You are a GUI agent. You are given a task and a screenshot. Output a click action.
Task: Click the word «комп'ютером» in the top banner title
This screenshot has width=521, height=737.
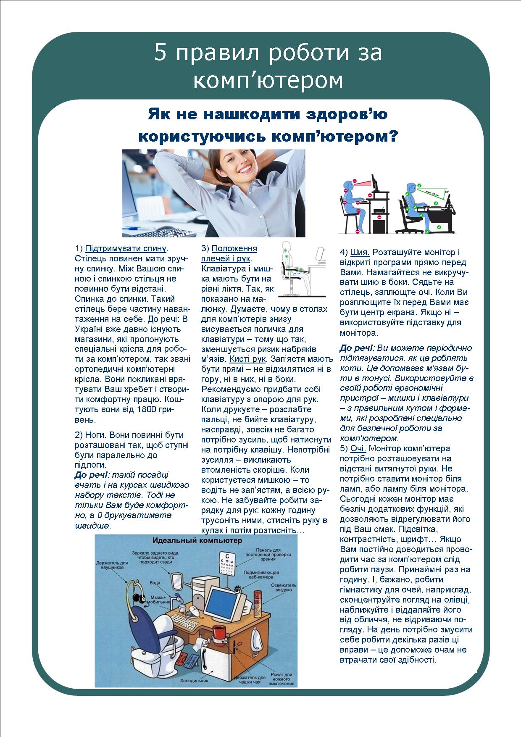click(268, 81)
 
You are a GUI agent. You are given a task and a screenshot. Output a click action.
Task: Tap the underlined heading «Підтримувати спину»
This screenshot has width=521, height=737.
click(126, 248)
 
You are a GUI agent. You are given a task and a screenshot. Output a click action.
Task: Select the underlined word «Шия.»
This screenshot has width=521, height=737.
click(360, 252)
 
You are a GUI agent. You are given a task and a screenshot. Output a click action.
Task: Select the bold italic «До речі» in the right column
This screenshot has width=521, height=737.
click(356, 348)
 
